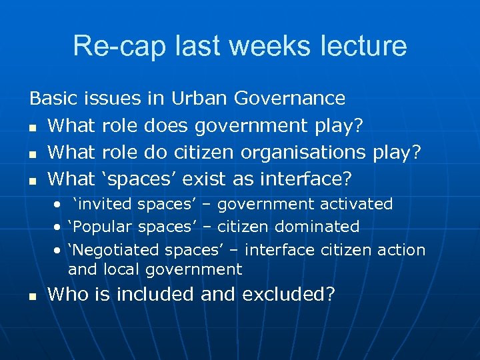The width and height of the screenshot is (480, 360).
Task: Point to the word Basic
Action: click(x=54, y=99)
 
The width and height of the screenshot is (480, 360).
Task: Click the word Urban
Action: click(x=200, y=99)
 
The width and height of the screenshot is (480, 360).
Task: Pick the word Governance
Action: click(x=290, y=99)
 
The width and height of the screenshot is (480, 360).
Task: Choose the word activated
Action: click(x=357, y=204)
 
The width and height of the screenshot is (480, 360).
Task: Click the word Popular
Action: click(x=102, y=227)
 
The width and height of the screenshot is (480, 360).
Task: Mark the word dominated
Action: click(x=319, y=227)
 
